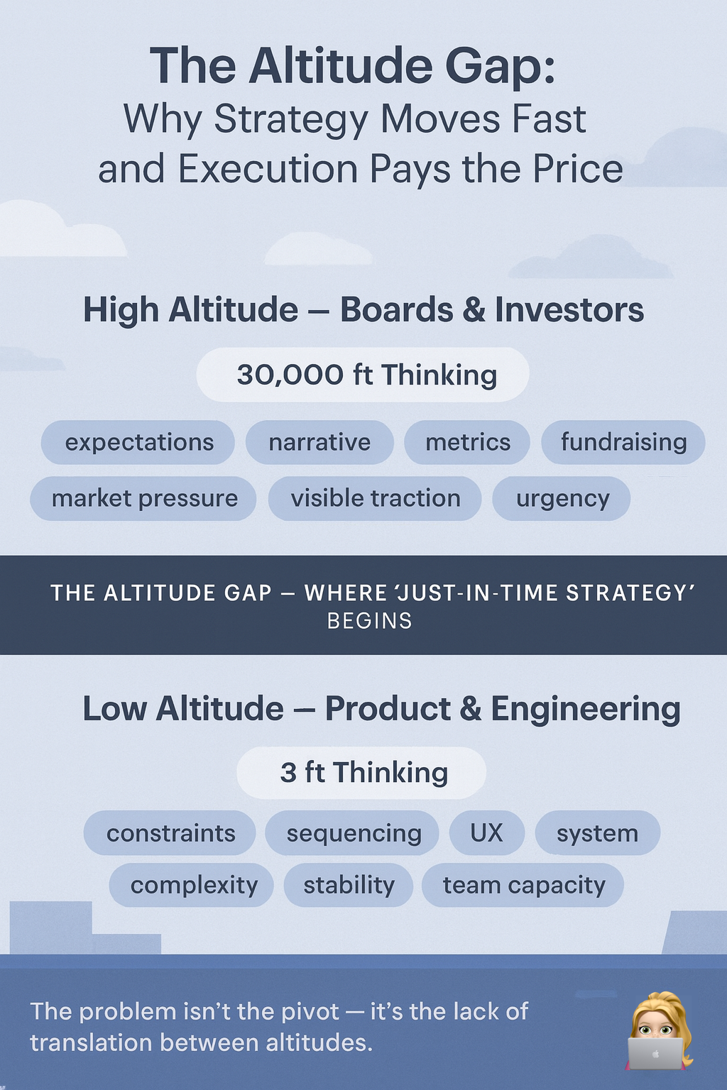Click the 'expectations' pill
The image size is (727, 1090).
[x=138, y=442]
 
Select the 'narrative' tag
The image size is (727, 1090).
[x=319, y=442]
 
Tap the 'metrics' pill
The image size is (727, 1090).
[x=467, y=442]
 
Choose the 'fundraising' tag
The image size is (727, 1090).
[x=623, y=442]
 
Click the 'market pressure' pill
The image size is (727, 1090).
[x=143, y=498]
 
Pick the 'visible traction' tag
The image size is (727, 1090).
[x=375, y=498]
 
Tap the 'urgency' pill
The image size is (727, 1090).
[x=562, y=498]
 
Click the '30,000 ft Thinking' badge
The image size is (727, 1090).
[x=363, y=375]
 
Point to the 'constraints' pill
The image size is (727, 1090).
[x=170, y=832]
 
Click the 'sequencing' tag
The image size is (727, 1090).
[x=353, y=832]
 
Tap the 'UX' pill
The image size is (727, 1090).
[x=487, y=832]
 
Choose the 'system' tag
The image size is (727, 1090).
[x=598, y=832]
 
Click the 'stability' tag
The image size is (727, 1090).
[x=349, y=885]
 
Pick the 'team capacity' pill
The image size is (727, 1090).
[x=523, y=885]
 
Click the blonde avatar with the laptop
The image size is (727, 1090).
[x=659, y=1030]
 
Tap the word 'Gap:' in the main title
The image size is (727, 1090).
[x=500, y=66]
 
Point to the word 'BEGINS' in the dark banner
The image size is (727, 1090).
[x=369, y=621]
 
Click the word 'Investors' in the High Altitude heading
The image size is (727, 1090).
[x=569, y=310]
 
